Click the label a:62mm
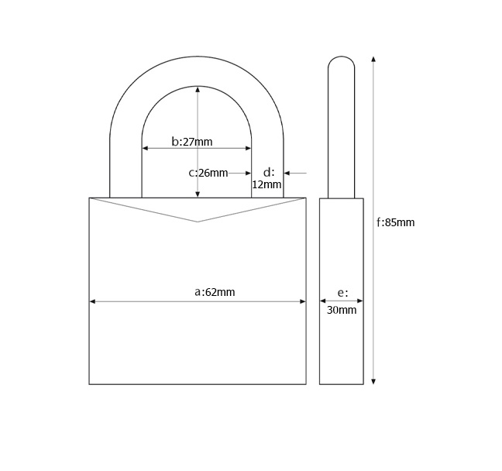pos(215,292)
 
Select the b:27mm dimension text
pos(192,142)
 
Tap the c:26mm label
pos(208,173)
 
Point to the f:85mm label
pos(395,222)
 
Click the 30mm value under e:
pos(342,310)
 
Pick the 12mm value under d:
pos(266,184)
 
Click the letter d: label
pos(269,172)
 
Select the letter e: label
pos(343,293)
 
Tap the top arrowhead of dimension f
pos(373,59)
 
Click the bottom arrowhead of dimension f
pos(373,381)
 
